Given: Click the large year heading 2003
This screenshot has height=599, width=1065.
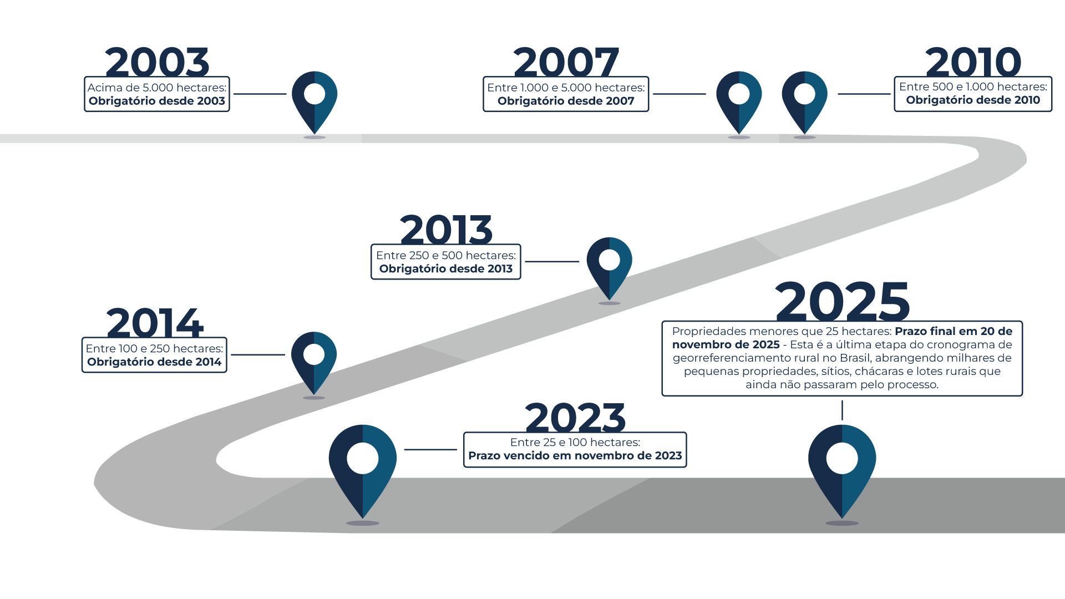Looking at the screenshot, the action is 157,62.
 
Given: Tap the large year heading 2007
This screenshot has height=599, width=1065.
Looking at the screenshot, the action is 566,62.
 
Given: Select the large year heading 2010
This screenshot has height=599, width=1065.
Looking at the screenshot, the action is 973,62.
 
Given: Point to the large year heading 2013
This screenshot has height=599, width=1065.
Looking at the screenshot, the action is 446,230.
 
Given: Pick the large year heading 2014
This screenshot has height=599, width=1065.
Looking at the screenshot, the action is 155,323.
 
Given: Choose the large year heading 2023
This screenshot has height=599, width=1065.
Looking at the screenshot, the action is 575,418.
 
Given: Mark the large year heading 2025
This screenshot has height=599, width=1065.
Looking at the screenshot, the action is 842,301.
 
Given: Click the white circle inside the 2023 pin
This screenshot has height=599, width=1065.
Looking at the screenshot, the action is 363,459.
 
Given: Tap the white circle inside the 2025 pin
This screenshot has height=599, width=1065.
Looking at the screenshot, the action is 842,459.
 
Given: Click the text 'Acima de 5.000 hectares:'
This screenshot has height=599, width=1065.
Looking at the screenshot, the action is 157,88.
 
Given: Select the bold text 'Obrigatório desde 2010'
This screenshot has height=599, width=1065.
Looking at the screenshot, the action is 973,100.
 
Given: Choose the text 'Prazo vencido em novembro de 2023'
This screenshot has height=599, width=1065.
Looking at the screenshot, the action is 575,456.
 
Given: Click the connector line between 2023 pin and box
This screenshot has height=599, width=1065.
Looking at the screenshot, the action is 430,450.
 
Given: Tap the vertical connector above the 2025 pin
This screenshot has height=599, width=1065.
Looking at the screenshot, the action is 842,410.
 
